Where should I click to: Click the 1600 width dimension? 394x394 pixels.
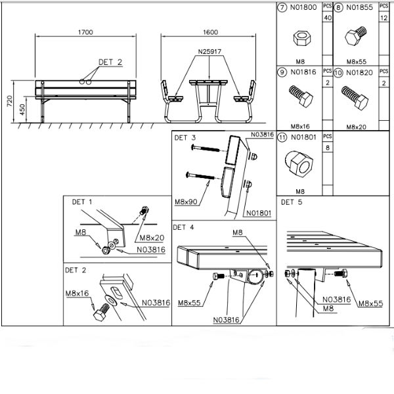(210, 32)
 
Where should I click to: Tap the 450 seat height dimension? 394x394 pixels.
(22, 109)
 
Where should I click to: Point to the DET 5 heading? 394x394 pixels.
(292, 202)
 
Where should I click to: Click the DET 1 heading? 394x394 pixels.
(82, 202)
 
